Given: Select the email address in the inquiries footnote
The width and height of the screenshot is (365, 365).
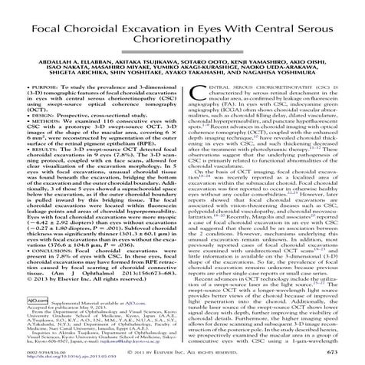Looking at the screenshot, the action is click(x=120, y=346).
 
